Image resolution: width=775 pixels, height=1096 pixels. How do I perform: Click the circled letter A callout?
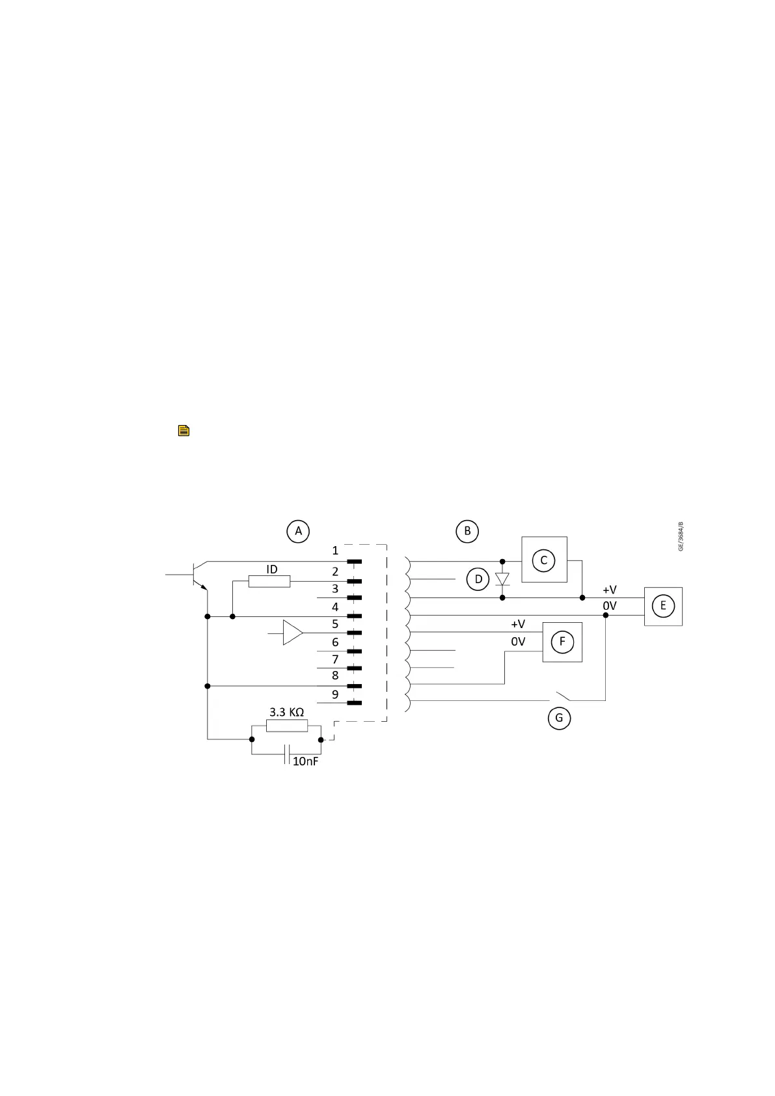click(x=298, y=531)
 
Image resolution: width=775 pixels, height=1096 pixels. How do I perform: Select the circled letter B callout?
click(x=467, y=531)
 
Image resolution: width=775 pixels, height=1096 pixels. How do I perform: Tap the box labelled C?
click(x=544, y=560)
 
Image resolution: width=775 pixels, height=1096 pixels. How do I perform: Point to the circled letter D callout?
click(x=478, y=579)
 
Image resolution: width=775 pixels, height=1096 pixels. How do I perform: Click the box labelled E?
click(x=663, y=606)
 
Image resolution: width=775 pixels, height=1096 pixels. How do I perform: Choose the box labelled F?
click(x=562, y=642)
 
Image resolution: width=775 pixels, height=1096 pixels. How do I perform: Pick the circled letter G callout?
click(x=559, y=719)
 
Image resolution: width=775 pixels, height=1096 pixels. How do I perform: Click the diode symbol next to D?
click(x=502, y=579)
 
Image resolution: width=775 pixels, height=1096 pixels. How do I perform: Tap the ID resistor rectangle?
click(x=269, y=581)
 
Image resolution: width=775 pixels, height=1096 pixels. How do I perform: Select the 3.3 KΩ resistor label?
click(x=286, y=712)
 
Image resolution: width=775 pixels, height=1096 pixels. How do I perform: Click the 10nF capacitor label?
click(x=305, y=761)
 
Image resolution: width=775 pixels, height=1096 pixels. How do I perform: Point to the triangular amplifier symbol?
click(x=292, y=633)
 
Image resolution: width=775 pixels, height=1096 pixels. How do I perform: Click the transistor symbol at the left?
click(x=198, y=575)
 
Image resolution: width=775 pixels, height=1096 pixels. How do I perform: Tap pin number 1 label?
click(x=335, y=551)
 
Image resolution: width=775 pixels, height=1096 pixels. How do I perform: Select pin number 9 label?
click(x=335, y=694)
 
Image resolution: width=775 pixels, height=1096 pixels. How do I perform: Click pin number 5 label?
click(x=335, y=623)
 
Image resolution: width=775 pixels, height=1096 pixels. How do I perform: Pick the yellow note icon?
click(x=184, y=430)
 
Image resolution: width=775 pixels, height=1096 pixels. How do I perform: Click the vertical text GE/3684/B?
click(x=681, y=536)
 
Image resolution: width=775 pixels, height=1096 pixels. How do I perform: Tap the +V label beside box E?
click(x=609, y=590)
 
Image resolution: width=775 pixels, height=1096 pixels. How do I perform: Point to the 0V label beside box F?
click(x=518, y=642)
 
